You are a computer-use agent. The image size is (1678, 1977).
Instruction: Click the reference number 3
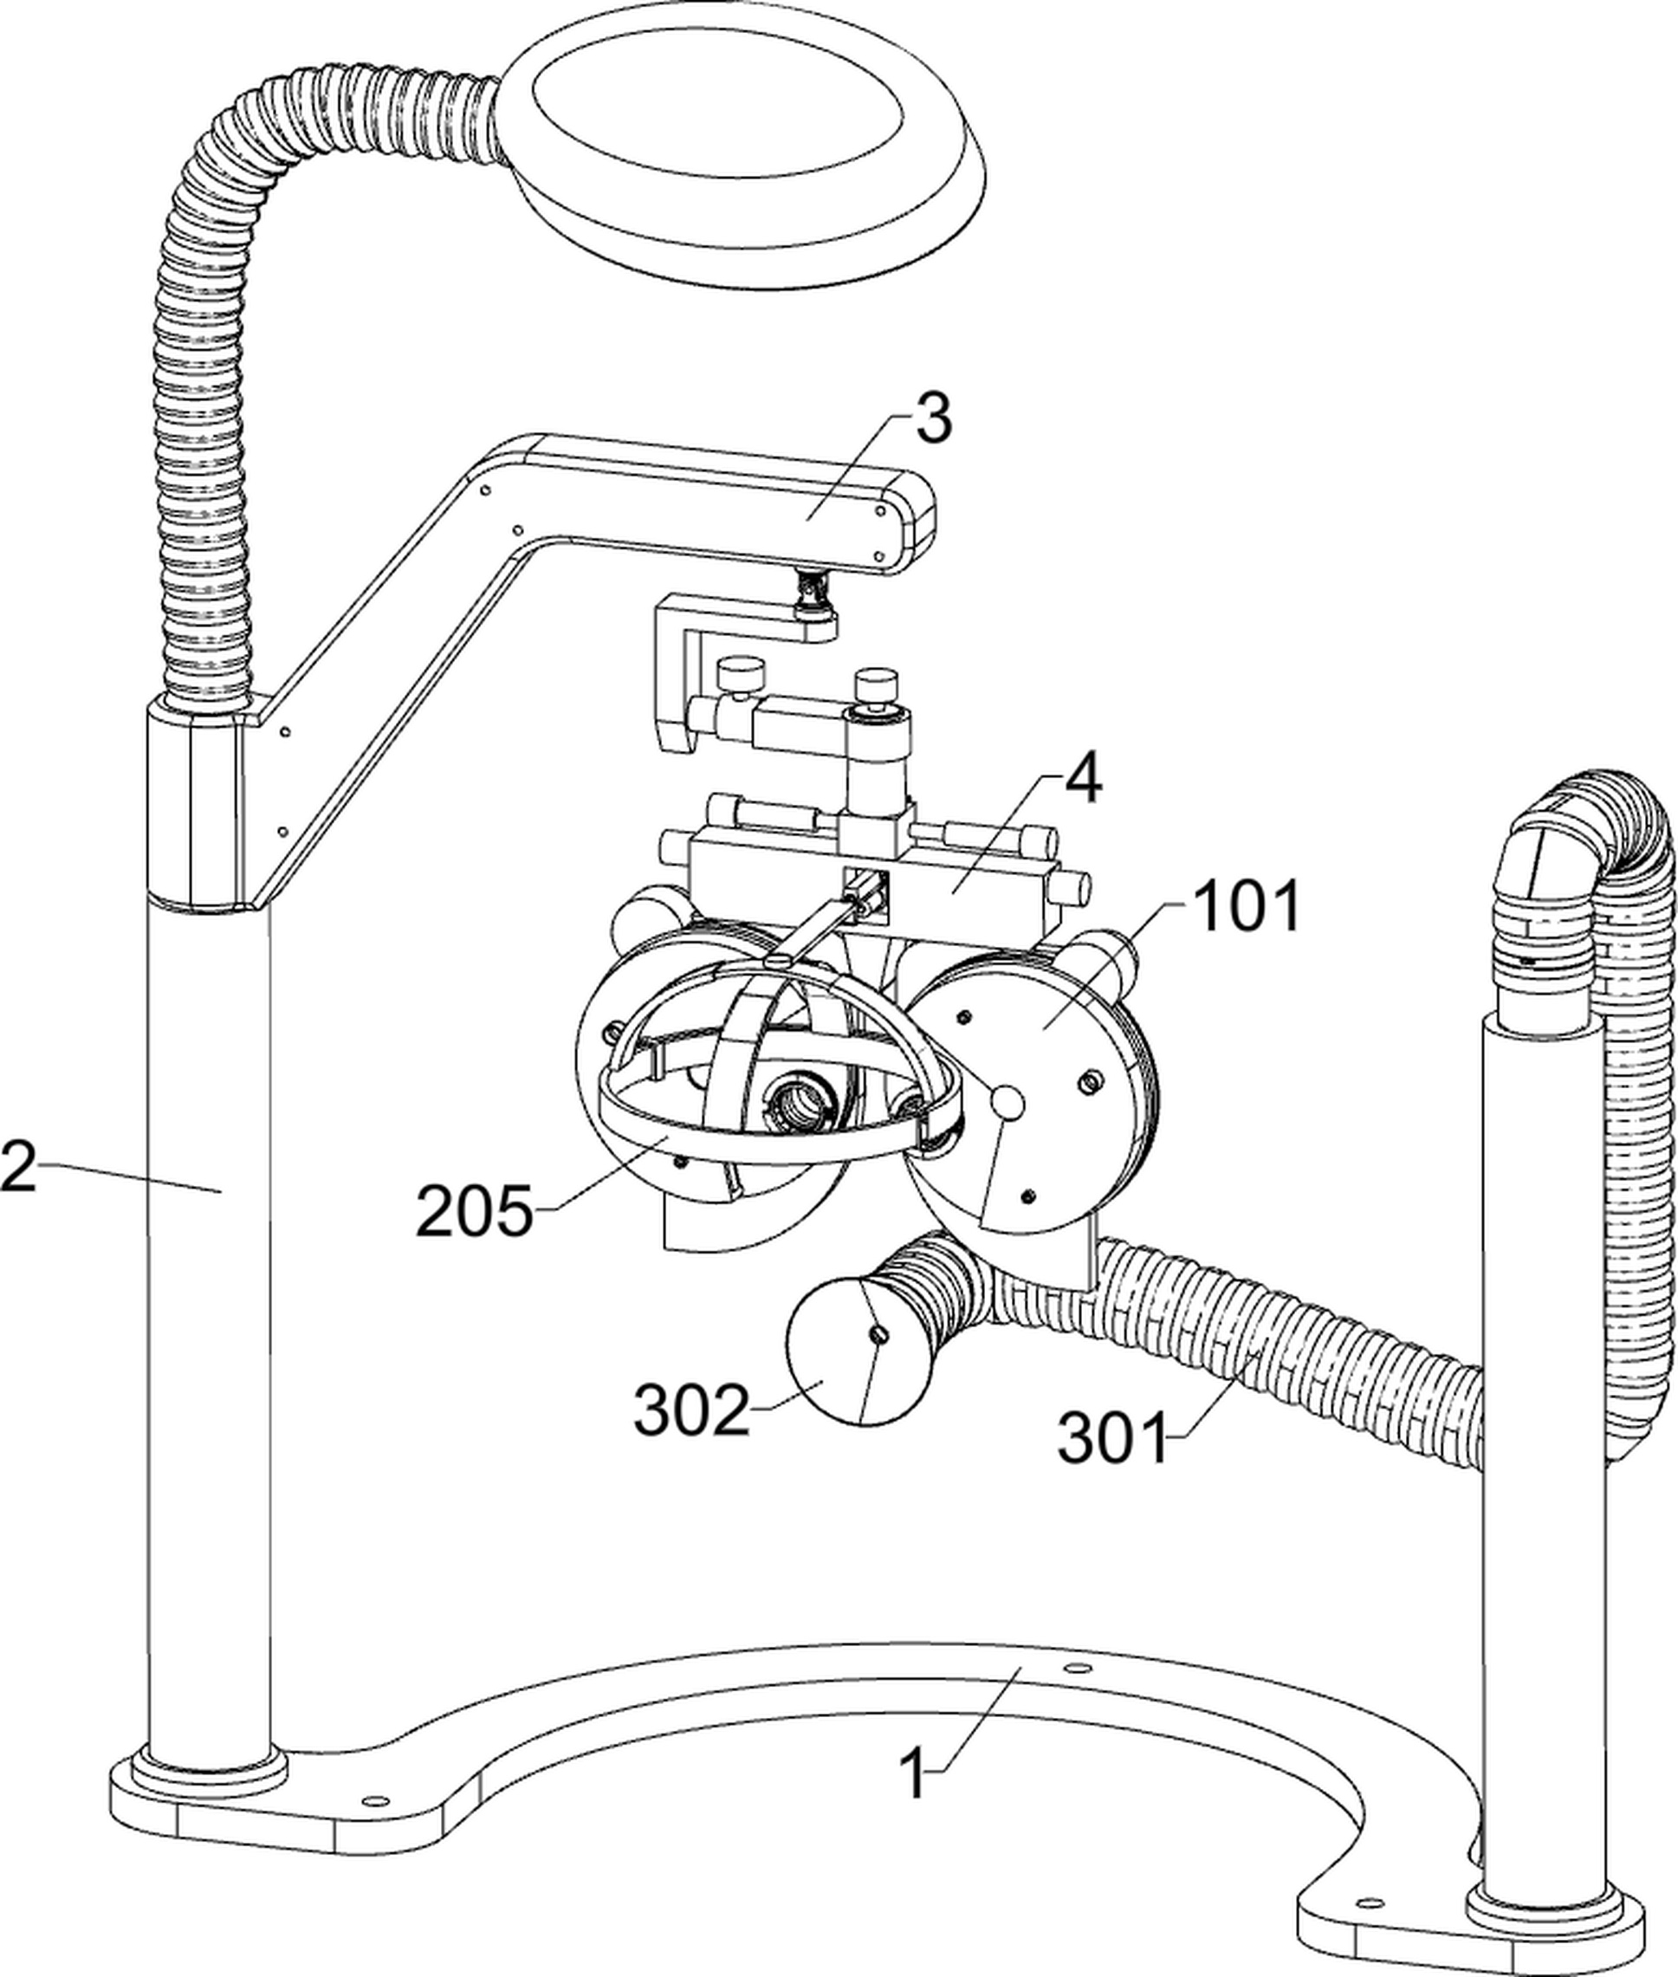[933, 418]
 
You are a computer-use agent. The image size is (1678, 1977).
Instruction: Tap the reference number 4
[1082, 781]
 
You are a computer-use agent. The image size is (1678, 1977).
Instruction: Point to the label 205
[476, 1211]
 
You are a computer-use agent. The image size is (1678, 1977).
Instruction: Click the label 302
[691, 1410]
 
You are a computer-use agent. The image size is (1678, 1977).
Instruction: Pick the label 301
[1112, 1437]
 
